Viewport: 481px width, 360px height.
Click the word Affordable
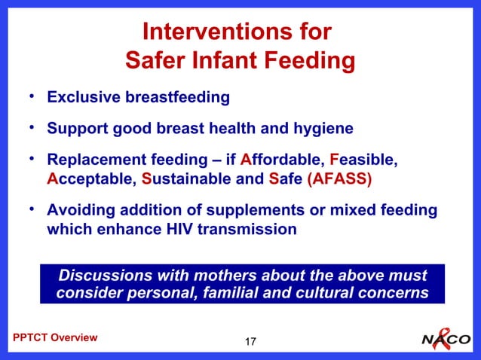284,161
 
